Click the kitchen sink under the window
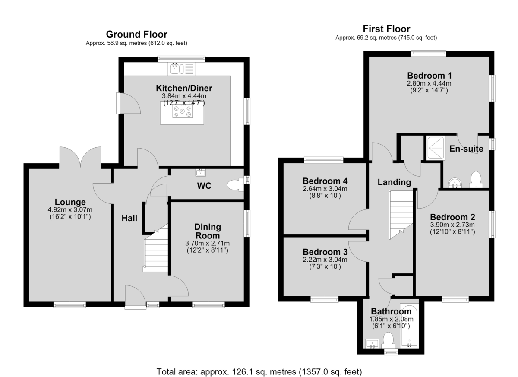(182, 69)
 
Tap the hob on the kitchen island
(183, 111)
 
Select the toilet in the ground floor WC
(235, 185)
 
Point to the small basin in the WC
(201, 172)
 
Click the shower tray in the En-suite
(436, 148)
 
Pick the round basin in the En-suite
(455, 183)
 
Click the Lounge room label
(70, 202)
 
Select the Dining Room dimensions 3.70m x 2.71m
(208, 243)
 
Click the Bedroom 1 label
(429, 76)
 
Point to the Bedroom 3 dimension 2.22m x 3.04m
(325, 260)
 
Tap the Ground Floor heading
(137, 35)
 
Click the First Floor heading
(386, 29)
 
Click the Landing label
(394, 182)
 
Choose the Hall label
(129, 218)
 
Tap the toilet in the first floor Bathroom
(388, 340)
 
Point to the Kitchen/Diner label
(184, 88)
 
